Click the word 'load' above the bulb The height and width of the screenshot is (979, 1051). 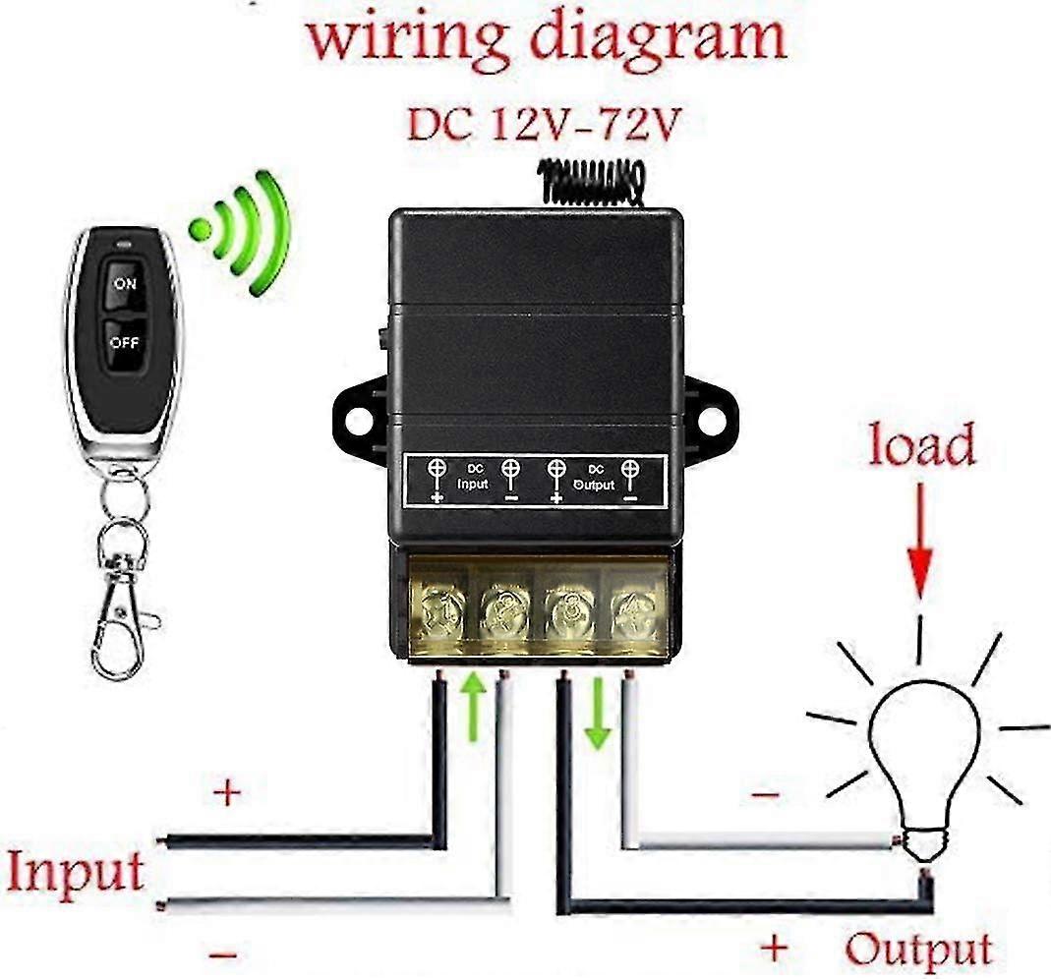920,445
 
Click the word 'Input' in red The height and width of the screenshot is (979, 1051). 76,871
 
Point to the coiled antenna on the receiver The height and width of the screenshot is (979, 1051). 591,182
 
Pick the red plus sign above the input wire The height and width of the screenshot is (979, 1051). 227,792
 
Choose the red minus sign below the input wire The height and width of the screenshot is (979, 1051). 223,953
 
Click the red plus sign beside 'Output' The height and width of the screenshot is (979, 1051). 776,949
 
